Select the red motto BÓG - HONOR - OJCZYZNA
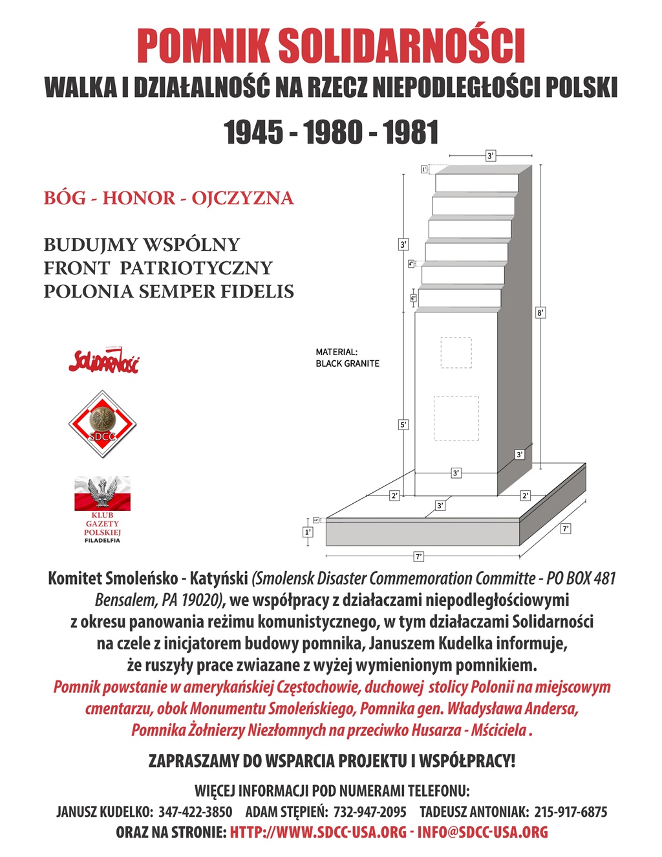(169, 198)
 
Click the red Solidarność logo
(103, 361)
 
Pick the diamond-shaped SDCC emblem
(102, 424)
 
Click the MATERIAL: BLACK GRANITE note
(347, 358)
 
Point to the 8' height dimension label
(540, 313)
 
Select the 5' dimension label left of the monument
(403, 425)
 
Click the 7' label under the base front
(418, 556)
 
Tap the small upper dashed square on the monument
(456, 353)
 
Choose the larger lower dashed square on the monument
(456, 418)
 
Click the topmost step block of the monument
(477, 183)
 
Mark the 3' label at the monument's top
(491, 155)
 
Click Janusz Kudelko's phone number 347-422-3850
(195, 812)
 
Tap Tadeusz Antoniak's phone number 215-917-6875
(570, 812)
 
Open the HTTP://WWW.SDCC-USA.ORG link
(318, 832)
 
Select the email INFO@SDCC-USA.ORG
(482, 832)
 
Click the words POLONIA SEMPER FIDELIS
(169, 292)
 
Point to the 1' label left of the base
(308, 532)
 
